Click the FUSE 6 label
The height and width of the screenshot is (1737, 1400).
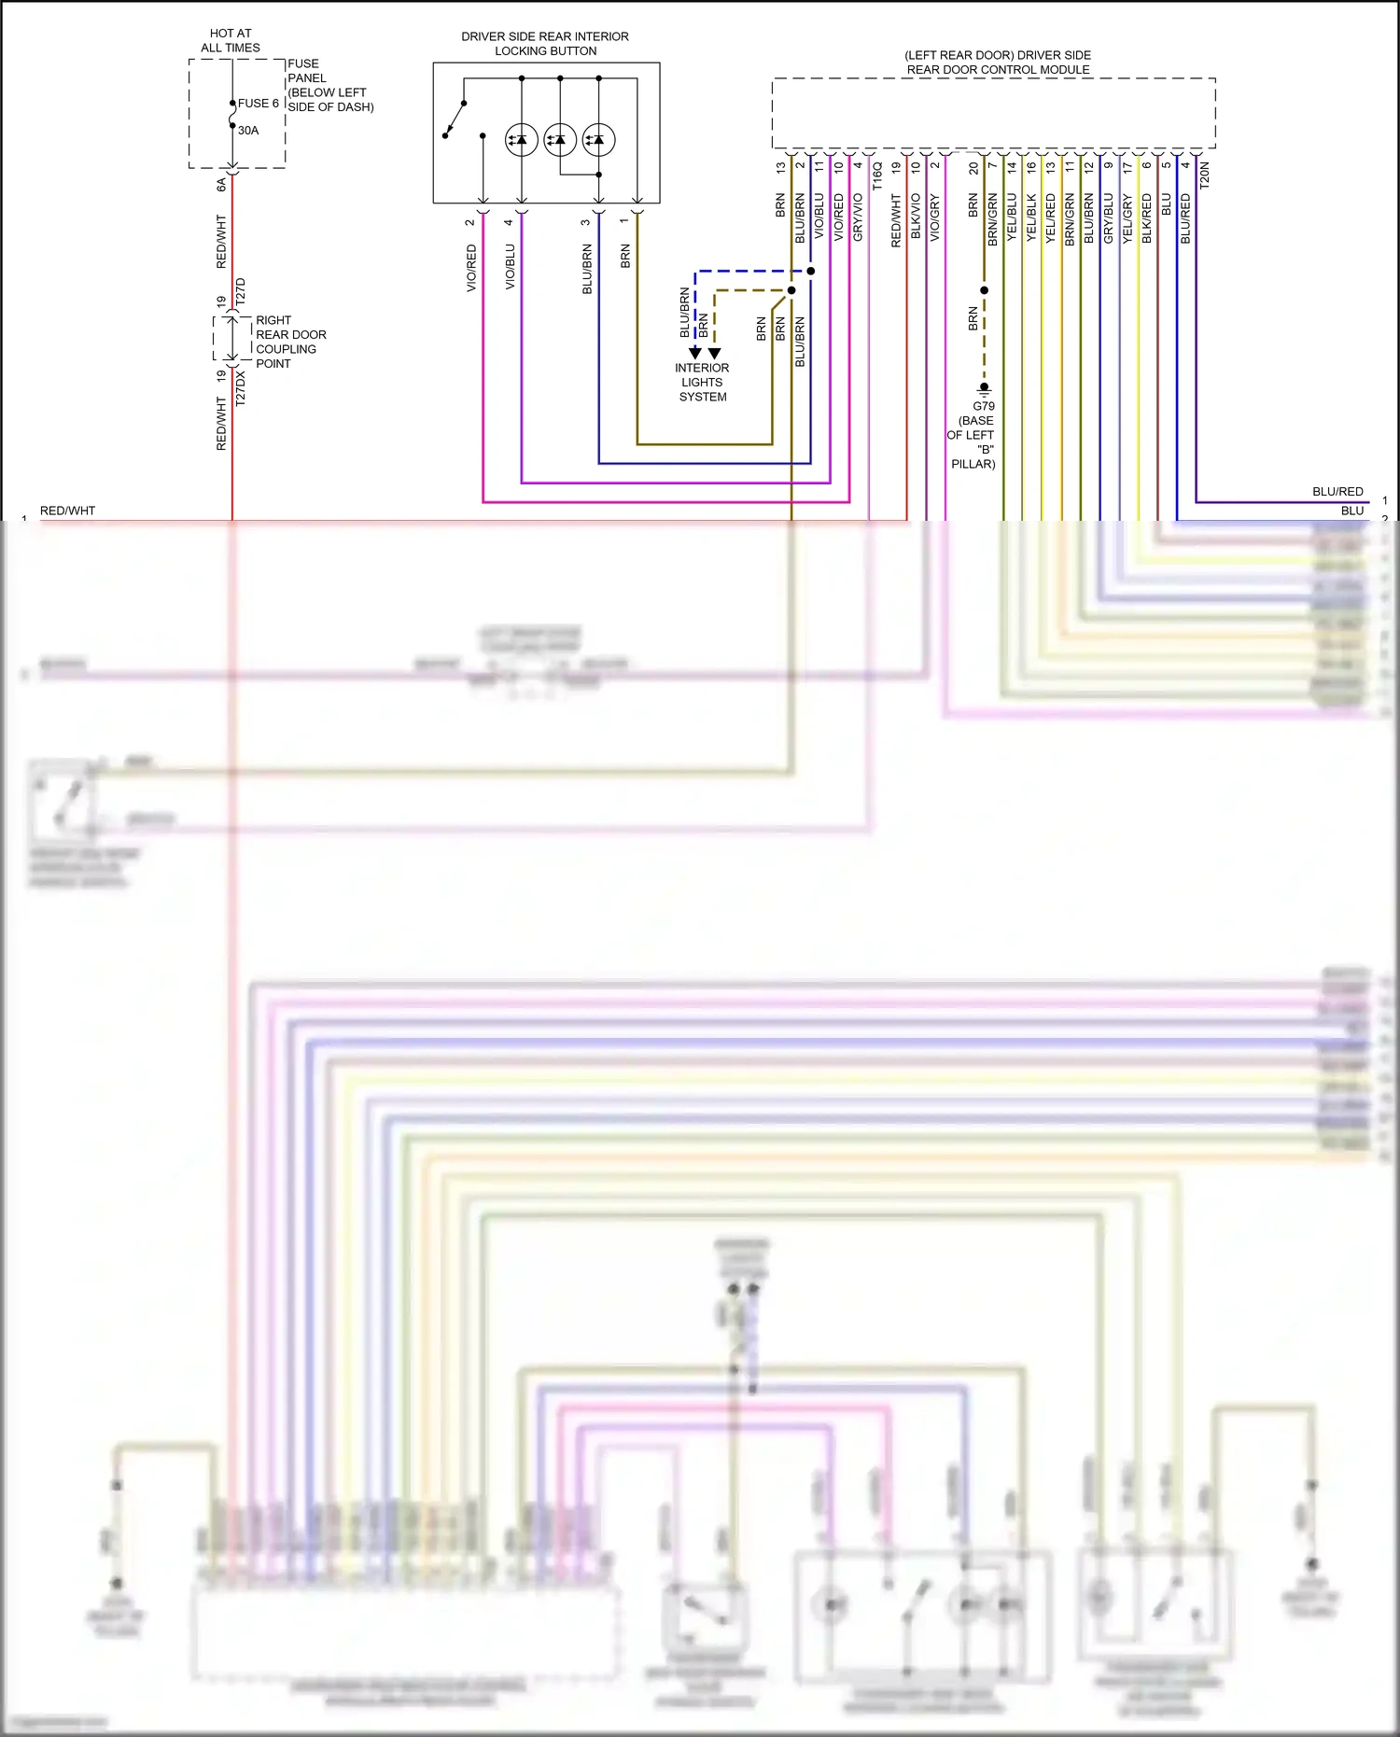(x=258, y=104)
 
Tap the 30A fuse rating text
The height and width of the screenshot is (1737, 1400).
(x=248, y=131)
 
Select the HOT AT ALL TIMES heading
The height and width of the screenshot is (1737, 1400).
(x=231, y=40)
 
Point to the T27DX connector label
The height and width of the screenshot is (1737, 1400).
(x=241, y=387)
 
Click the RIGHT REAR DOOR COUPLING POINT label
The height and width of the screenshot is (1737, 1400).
(x=290, y=342)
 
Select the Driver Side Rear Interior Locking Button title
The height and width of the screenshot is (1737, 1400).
(x=545, y=44)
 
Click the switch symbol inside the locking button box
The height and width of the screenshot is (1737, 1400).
(x=455, y=119)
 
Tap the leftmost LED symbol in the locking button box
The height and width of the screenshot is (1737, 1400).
(x=521, y=140)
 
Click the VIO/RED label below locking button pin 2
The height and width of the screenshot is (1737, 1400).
(x=471, y=268)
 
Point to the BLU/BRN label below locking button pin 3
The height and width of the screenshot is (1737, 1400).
(x=587, y=269)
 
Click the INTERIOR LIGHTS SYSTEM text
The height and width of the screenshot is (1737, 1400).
(x=702, y=382)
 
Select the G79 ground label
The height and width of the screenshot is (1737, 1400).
(x=984, y=406)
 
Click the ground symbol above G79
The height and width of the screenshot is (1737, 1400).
(x=984, y=389)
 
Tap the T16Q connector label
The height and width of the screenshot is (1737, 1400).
(x=877, y=175)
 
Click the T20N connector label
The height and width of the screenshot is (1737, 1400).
(x=1204, y=175)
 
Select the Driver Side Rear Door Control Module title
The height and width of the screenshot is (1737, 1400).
(x=998, y=63)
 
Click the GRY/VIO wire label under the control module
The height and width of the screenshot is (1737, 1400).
(x=858, y=217)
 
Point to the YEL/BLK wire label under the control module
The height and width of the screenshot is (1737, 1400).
(x=1031, y=217)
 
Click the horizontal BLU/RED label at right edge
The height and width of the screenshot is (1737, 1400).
(x=1337, y=491)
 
